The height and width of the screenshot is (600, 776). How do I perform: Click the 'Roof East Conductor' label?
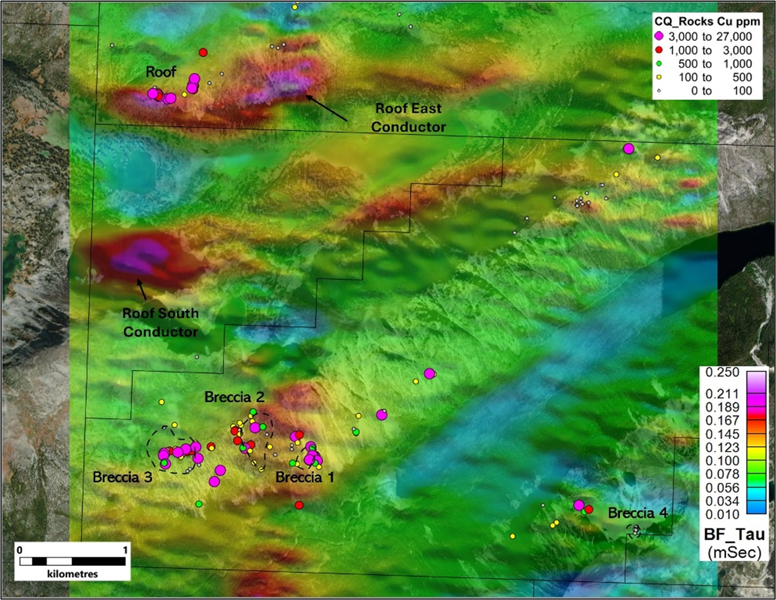pyautogui.click(x=408, y=118)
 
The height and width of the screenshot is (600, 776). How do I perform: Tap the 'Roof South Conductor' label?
pyautogui.click(x=160, y=322)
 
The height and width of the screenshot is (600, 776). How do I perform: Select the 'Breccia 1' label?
pyautogui.click(x=305, y=477)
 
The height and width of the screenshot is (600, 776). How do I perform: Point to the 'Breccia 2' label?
pyautogui.click(x=234, y=397)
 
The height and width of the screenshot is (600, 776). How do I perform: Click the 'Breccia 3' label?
pyautogui.click(x=122, y=477)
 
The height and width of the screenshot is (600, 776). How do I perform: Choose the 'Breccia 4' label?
pyautogui.click(x=638, y=513)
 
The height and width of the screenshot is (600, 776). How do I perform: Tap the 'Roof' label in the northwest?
pyautogui.click(x=161, y=72)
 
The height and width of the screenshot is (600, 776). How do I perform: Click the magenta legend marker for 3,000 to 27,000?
pyautogui.click(x=659, y=37)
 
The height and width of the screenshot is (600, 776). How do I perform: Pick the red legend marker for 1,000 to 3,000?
pyautogui.click(x=659, y=50)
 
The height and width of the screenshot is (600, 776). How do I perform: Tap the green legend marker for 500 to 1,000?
pyautogui.click(x=659, y=64)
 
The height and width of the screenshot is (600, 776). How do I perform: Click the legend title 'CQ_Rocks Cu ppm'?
pyautogui.click(x=707, y=22)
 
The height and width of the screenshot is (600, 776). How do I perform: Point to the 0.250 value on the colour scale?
pyautogui.click(x=722, y=373)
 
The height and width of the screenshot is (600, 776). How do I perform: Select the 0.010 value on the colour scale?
pyautogui.click(x=722, y=515)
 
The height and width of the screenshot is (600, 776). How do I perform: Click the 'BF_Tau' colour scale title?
pyautogui.click(x=734, y=535)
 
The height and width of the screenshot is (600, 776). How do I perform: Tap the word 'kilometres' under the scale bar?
pyautogui.click(x=72, y=574)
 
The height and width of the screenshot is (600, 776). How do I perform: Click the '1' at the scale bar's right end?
pyautogui.click(x=125, y=550)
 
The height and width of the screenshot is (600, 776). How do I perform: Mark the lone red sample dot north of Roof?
pyautogui.click(x=203, y=52)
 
